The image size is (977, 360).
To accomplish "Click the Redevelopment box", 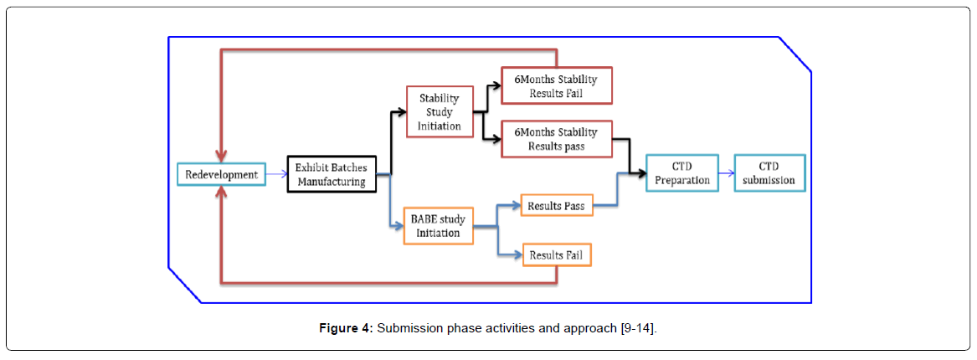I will (222, 174).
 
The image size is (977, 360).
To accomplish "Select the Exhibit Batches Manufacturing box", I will (330, 174).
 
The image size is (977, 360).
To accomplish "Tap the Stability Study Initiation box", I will (440, 111).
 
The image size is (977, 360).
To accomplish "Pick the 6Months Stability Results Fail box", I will (556, 86).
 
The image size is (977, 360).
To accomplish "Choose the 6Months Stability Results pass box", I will (556, 139).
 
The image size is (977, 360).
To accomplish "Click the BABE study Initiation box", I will (437, 225).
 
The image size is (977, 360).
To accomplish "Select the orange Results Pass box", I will (557, 205).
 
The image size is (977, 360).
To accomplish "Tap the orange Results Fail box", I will (557, 254).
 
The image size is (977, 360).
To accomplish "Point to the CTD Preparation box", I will (681, 173).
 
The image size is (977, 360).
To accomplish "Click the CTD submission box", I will (769, 173).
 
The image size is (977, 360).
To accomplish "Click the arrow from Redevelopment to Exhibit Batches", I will (276, 174).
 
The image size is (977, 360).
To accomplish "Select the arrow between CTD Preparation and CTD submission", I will (726, 173).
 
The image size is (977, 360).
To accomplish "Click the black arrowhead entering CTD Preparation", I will (640, 173).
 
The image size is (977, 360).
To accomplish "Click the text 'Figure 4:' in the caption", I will (346, 328).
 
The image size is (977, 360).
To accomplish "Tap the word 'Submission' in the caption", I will (408, 328).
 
